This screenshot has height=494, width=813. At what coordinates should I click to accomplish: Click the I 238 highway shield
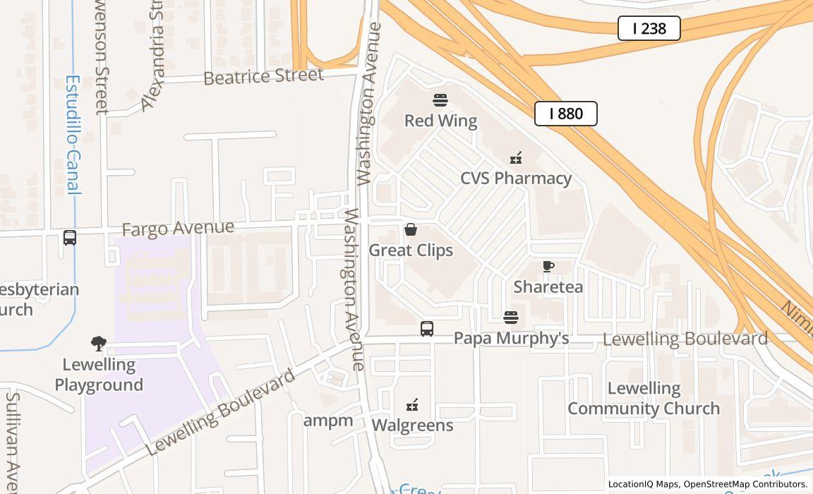pyautogui.click(x=649, y=28)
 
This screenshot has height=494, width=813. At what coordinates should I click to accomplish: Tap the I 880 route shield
pyautogui.click(x=565, y=114)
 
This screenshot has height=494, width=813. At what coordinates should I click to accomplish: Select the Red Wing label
pyautogui.click(x=440, y=121)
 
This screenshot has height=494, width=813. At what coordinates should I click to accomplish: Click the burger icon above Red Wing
pyautogui.click(x=440, y=100)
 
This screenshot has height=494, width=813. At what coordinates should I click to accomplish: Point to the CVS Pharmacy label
pyautogui.click(x=516, y=178)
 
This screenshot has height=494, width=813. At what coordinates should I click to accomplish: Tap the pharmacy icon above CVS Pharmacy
pyautogui.click(x=516, y=157)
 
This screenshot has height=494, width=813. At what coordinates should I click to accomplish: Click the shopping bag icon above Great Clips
pyautogui.click(x=411, y=229)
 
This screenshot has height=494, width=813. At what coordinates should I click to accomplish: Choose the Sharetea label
pyautogui.click(x=548, y=287)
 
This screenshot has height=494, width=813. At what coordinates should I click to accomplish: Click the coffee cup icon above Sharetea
pyautogui.click(x=548, y=266)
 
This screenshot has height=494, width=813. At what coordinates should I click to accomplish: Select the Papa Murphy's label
pyautogui.click(x=511, y=338)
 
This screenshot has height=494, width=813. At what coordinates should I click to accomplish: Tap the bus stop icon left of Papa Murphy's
pyautogui.click(x=427, y=328)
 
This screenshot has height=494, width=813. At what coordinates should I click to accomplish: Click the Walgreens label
pyautogui.click(x=412, y=425)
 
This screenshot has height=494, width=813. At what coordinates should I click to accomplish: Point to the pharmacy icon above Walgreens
pyautogui.click(x=412, y=405)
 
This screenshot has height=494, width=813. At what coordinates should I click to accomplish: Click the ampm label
pyautogui.click(x=328, y=421)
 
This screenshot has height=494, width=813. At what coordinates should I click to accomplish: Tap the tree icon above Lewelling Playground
pyautogui.click(x=99, y=344)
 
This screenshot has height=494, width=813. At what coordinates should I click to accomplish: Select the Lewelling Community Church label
pyautogui.click(x=644, y=398)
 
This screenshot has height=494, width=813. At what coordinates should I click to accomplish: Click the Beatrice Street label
pyautogui.click(x=263, y=76)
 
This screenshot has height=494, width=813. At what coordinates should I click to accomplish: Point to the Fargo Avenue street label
pyautogui.click(x=178, y=229)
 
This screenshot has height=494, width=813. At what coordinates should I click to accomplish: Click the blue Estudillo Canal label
pyautogui.click(x=73, y=134)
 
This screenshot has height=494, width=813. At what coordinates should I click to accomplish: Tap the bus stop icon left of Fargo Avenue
pyautogui.click(x=70, y=238)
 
